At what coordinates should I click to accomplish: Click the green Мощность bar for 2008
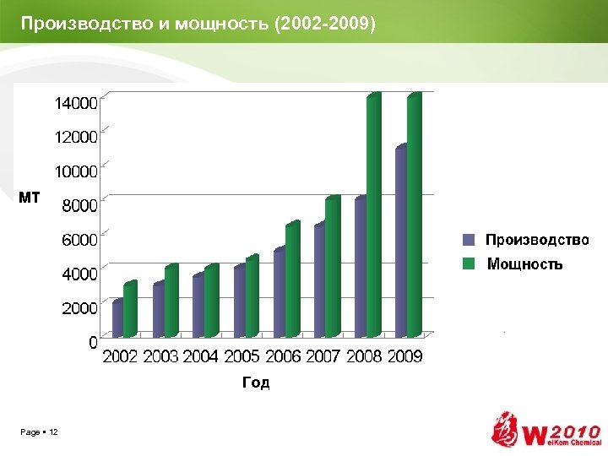click(x=373, y=215)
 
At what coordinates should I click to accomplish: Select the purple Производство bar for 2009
click(x=401, y=241)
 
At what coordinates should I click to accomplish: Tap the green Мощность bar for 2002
click(x=129, y=308)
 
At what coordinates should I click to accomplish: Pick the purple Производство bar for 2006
click(x=280, y=291)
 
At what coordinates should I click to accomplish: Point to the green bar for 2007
click(x=333, y=266)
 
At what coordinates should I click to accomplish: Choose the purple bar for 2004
click(x=198, y=304)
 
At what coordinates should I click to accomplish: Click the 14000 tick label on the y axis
click(x=76, y=104)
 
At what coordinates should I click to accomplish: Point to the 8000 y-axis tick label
click(x=79, y=204)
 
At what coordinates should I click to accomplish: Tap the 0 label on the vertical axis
click(x=93, y=343)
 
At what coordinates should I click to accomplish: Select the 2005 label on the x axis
click(x=242, y=357)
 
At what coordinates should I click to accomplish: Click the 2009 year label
click(x=404, y=357)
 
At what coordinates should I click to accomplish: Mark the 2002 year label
click(x=120, y=357)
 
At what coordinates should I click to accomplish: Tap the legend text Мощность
click(x=524, y=264)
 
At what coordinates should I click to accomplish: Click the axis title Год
click(x=256, y=383)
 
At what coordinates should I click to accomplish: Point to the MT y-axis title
click(x=30, y=198)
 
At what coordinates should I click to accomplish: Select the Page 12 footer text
click(x=40, y=432)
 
